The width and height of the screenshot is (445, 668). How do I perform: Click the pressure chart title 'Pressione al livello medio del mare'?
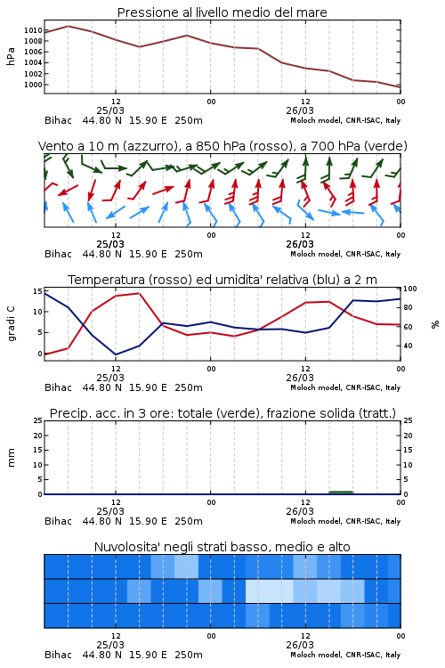pos(222,12)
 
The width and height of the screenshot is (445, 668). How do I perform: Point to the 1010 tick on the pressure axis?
pos(33,30)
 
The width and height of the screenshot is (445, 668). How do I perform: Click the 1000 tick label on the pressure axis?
pos(33,85)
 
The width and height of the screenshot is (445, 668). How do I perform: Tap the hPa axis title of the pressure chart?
pos(11,56)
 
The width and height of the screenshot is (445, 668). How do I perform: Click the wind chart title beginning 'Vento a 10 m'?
pos(222,146)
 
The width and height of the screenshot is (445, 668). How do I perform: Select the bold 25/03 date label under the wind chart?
pos(110,244)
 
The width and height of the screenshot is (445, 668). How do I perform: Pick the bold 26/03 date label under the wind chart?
pos(300,244)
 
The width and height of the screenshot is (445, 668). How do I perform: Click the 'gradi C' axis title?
pos(12,323)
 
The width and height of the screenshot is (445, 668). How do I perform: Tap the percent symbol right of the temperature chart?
pos(435,324)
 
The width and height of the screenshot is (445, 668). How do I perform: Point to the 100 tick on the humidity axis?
pos(410,289)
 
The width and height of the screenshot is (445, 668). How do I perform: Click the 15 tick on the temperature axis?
pos(37,291)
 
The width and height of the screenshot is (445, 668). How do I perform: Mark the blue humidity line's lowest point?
pos(116,354)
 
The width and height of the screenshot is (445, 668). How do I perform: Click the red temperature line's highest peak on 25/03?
pos(139,293)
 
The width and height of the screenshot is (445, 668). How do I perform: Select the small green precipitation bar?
pos(341,493)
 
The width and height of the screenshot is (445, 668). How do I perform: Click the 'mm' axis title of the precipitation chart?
pos(12,458)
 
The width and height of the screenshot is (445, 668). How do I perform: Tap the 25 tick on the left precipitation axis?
pos(38,421)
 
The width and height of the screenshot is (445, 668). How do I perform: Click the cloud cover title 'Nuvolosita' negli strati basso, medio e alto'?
pos(222,547)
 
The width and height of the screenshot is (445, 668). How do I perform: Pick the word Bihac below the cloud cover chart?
pos(59,655)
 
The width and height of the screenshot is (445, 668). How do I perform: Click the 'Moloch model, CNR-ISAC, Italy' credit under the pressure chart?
pos(345,120)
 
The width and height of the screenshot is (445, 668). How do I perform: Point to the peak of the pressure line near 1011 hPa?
pos(69,26)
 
